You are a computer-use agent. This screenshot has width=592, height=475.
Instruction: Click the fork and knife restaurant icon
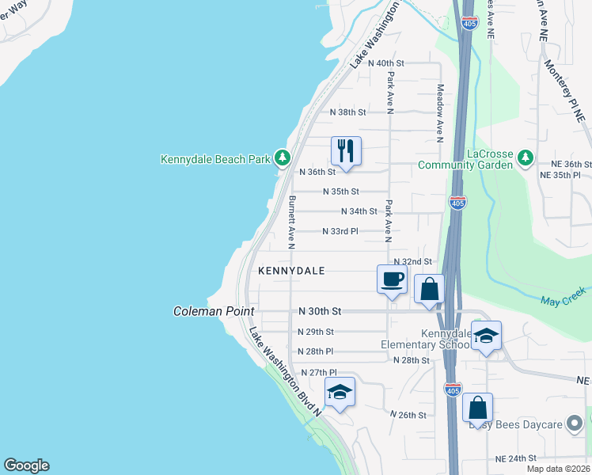(346, 150)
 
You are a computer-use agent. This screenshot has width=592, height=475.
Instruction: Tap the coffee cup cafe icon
(393, 279)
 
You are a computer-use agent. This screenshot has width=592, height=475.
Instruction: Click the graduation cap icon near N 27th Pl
(340, 392)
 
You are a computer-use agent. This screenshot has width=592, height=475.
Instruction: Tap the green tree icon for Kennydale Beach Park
(283, 158)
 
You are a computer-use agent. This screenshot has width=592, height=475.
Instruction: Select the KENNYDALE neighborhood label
(292, 271)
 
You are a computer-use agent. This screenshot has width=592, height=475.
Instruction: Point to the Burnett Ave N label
(291, 218)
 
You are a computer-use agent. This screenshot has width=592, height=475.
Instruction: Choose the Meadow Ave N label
(440, 112)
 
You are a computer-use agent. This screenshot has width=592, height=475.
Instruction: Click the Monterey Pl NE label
(570, 89)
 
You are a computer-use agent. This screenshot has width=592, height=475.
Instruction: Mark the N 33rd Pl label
(340, 231)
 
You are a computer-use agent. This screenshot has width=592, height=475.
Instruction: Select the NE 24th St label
(515, 458)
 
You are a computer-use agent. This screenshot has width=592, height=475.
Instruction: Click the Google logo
(26, 465)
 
